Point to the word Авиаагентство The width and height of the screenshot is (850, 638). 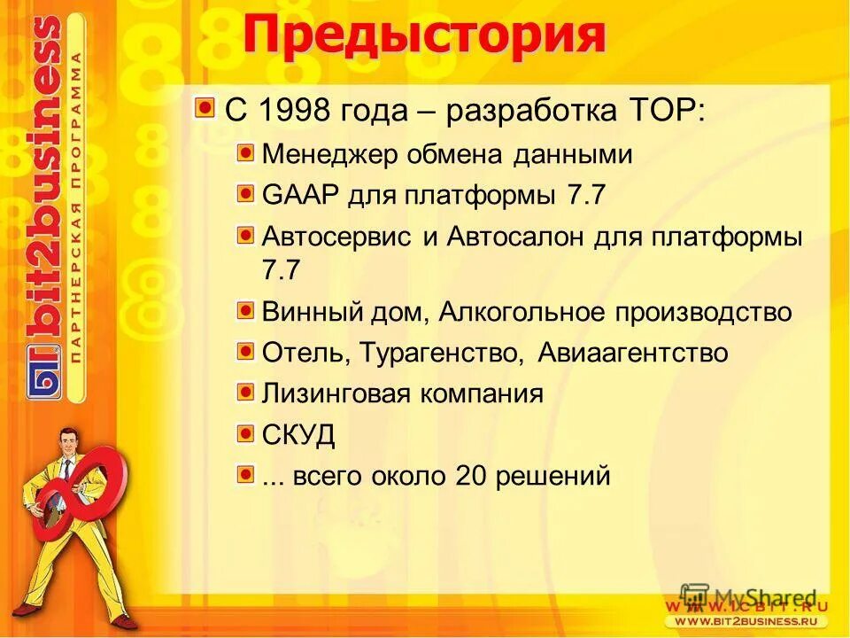633,353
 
